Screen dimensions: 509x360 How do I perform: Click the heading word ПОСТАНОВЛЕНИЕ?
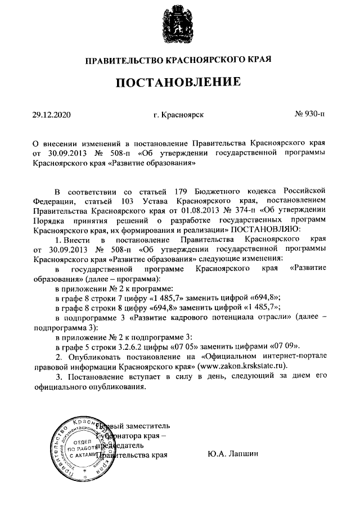coord(179,83)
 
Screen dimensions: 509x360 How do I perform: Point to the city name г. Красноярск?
coord(178,115)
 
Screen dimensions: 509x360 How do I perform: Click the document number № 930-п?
coord(310,115)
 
